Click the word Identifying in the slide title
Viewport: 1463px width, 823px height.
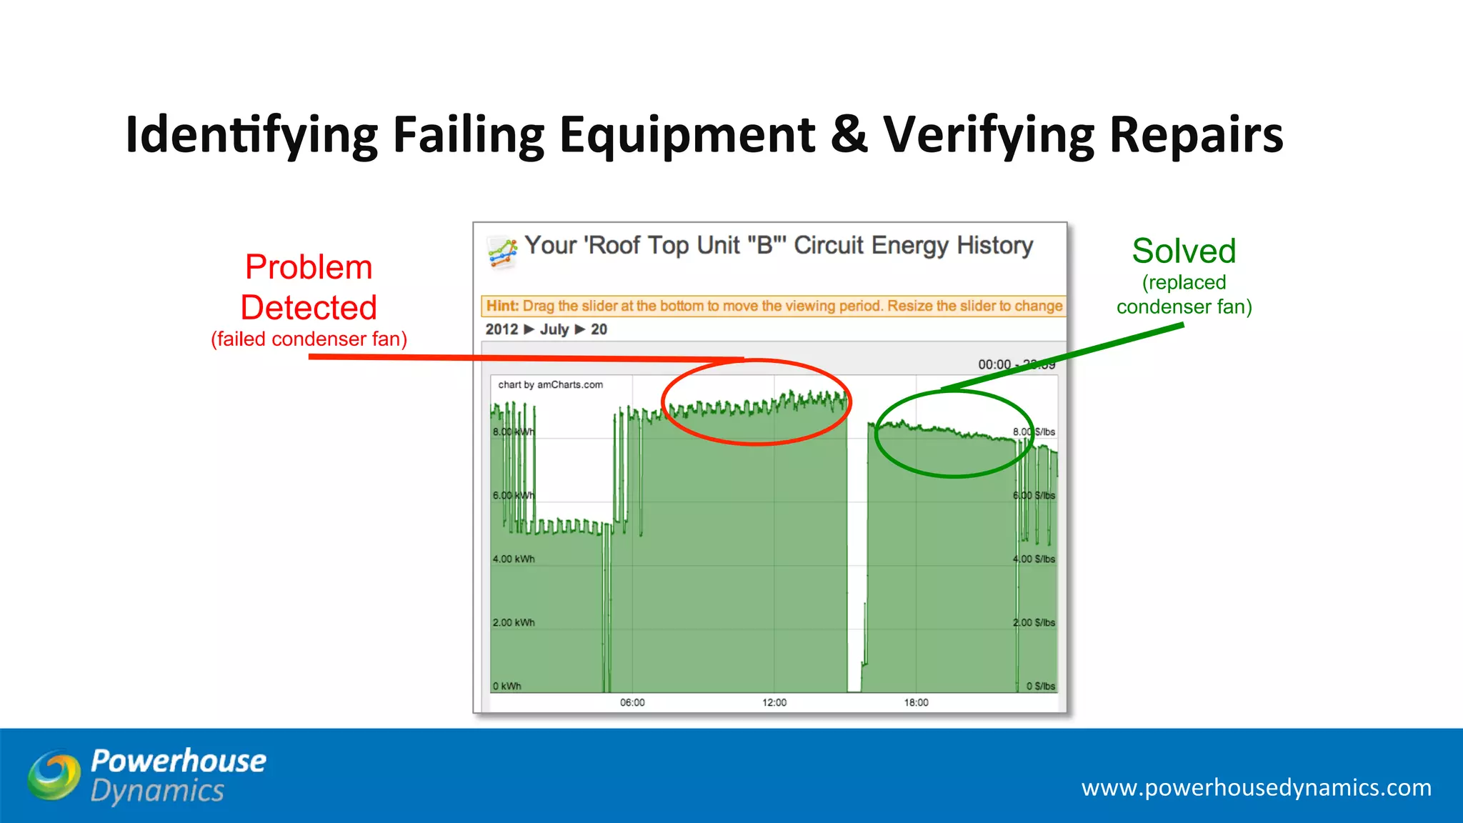(x=251, y=135)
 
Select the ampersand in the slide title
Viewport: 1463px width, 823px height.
(x=849, y=135)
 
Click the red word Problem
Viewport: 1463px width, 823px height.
(x=309, y=268)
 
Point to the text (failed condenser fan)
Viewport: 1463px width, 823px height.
(x=309, y=339)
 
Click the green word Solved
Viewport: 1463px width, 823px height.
(x=1184, y=251)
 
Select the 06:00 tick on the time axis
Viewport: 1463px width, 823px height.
(x=632, y=702)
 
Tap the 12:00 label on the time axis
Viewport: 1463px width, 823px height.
(x=774, y=702)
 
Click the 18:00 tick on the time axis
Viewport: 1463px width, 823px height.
(x=917, y=702)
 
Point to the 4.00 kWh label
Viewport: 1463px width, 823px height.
(x=514, y=559)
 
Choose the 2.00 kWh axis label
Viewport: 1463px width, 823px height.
(x=514, y=622)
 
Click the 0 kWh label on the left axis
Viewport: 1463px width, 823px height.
(x=506, y=686)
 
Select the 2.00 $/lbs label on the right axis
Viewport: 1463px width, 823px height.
(x=1034, y=622)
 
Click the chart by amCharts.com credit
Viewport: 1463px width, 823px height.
(x=550, y=384)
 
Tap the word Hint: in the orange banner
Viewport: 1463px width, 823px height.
(x=502, y=306)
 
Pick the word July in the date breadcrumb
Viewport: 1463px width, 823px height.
(x=554, y=329)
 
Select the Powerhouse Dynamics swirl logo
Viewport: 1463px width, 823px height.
(x=54, y=775)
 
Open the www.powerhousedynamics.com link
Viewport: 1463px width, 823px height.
(x=1256, y=787)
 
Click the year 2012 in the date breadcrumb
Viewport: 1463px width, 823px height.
(x=501, y=329)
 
